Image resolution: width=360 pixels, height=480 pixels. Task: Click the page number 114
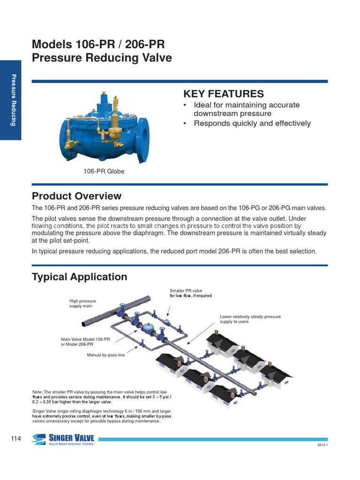coord(16,438)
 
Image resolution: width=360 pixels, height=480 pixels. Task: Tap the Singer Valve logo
coord(63,439)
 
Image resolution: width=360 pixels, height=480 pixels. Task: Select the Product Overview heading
coord(76,196)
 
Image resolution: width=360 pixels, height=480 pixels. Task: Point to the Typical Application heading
coord(79,277)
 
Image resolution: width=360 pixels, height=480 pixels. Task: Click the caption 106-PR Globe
coord(104,172)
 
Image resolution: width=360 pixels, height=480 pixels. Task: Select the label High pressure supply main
coord(81,303)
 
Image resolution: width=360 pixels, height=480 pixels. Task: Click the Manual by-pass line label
coord(106,355)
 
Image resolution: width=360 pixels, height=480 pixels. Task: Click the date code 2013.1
coord(322,445)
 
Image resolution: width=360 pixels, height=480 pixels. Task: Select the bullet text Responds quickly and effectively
coord(252,123)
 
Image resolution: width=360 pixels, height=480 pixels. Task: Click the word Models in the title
coord(49,45)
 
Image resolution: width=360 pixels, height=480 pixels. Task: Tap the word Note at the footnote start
coord(37,392)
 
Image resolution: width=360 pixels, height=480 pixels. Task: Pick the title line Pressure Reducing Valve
coord(102,58)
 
